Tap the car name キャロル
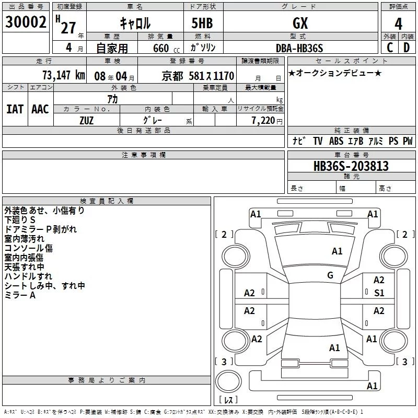click(135, 22)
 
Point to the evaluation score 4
click(399, 24)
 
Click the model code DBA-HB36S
click(299, 48)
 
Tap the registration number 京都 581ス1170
click(198, 75)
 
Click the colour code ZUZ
click(86, 121)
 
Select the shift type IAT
click(15, 109)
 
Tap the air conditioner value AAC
click(40, 109)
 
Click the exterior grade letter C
click(389, 48)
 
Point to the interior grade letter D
click(407, 48)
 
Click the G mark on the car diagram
click(330, 275)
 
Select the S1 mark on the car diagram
click(379, 293)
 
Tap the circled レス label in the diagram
click(228, 400)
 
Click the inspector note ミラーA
click(20, 295)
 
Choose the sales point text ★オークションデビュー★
click(335, 73)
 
